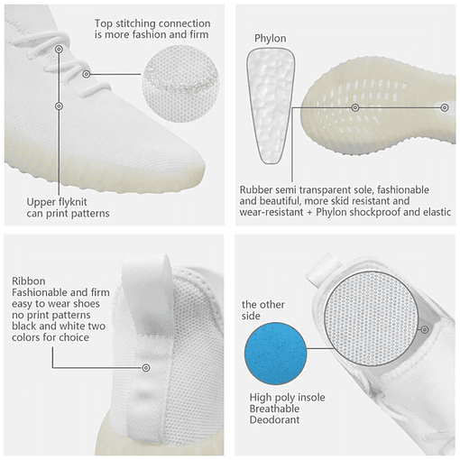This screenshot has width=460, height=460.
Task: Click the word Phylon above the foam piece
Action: pos(270,39)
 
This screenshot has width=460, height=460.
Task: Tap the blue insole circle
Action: pos(275,354)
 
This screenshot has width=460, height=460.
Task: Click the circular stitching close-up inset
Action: pos(180,84)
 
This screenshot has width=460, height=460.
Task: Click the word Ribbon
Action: pos(29,281)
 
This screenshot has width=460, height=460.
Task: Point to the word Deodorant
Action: pos(274,419)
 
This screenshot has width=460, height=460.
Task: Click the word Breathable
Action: pos(274,409)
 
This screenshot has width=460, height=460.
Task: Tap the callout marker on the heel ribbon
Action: pos(146,367)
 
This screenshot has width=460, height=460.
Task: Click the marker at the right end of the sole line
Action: pos(445,107)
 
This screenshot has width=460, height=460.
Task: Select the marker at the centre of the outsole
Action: pos(355,107)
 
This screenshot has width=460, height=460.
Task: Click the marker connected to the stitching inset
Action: pos(87,74)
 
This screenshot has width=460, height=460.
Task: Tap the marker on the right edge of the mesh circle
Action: pos(425,329)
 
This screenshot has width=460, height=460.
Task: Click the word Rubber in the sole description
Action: pos(256,190)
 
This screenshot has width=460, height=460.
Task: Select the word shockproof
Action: pos(374,212)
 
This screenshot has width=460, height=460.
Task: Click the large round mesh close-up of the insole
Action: pos(372,319)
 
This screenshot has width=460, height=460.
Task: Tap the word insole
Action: pos(310,398)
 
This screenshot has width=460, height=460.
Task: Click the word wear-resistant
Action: pos(271,212)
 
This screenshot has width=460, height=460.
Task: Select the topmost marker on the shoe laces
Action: pos(60,49)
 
